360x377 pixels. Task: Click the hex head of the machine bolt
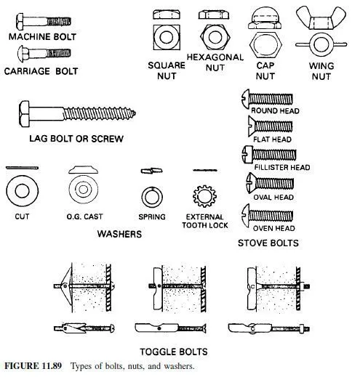[x=20, y=22]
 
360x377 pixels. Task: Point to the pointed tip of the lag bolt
[x=134, y=113]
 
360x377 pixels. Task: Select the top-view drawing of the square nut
[x=167, y=37]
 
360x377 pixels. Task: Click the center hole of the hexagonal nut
[x=215, y=37]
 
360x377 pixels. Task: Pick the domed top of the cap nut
[x=265, y=15]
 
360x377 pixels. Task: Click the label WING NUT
[x=321, y=71]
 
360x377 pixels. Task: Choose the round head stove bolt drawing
[x=267, y=99]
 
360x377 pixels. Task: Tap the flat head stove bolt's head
[x=251, y=126]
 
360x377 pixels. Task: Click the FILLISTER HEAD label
[x=282, y=167]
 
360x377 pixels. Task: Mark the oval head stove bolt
[x=270, y=183]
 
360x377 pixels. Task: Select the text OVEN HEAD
[x=273, y=228]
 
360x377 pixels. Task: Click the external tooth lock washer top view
[x=204, y=196]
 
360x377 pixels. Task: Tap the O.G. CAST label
[x=84, y=216]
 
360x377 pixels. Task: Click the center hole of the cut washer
[x=22, y=190]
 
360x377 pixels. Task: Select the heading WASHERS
[x=119, y=234]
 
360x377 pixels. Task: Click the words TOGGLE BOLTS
[x=174, y=352]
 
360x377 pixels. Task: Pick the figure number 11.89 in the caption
[x=52, y=365]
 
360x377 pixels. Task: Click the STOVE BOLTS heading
[x=268, y=243]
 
